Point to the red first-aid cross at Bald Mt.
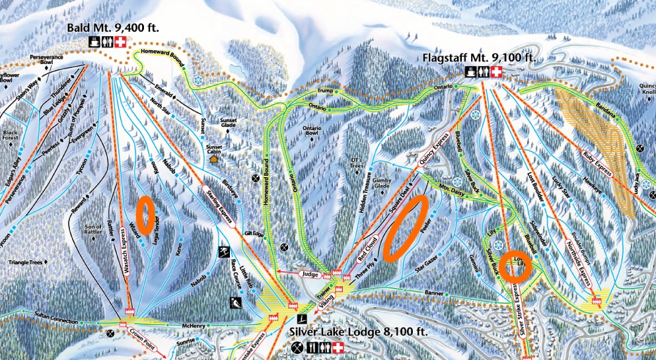pyautogui.click(x=120, y=42)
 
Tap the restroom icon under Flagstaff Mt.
pyautogui.click(x=484, y=72)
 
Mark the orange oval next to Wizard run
pyautogui.click(x=145, y=213)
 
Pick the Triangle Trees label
pyautogui.click(x=25, y=262)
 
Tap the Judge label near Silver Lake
pyautogui.click(x=309, y=273)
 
